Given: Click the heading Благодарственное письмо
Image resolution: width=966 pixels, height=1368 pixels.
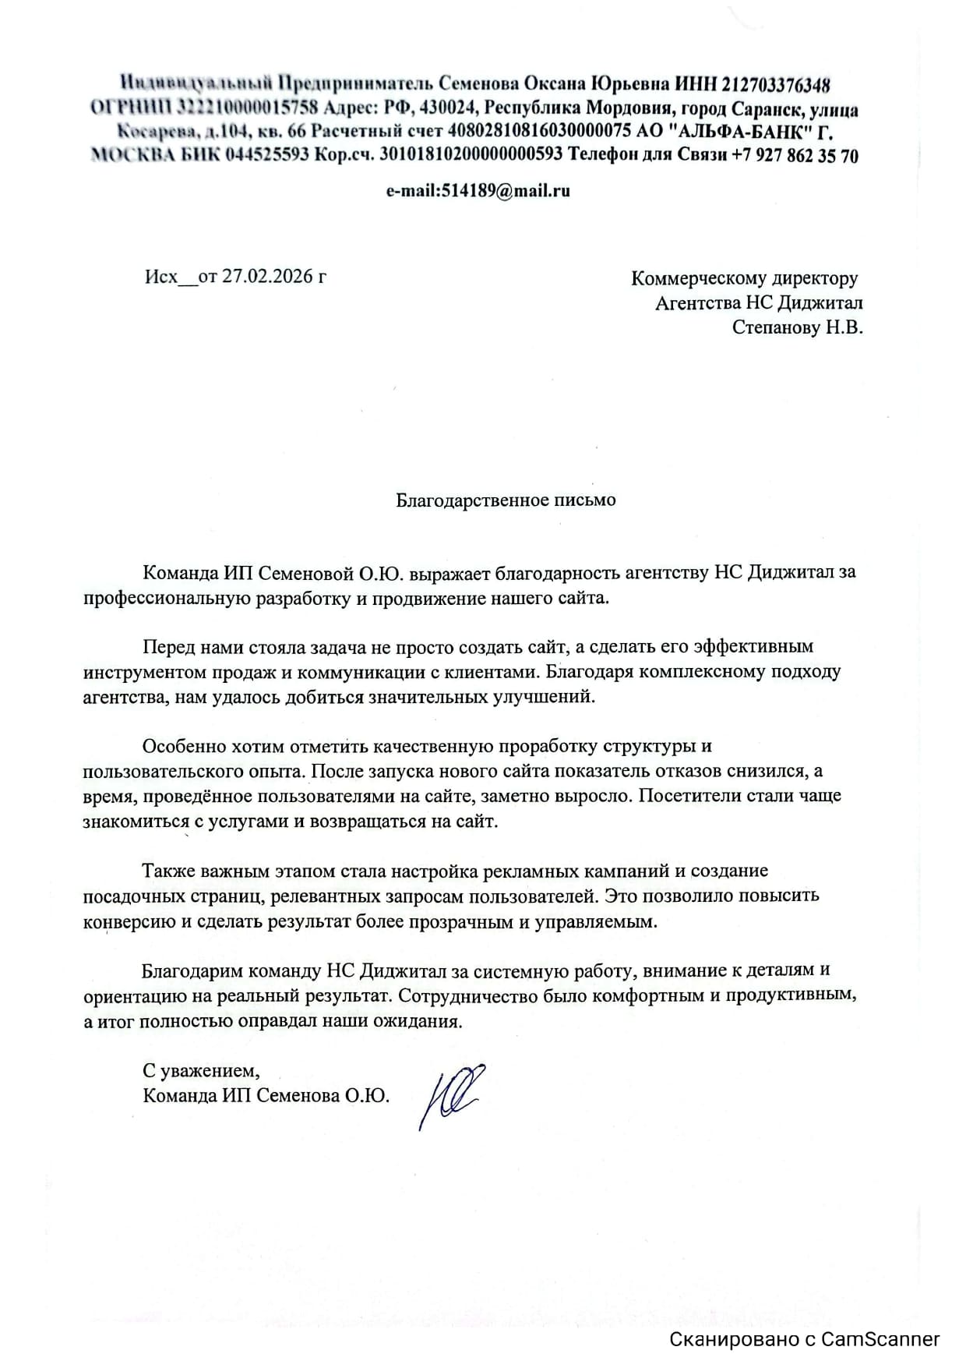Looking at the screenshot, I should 506,500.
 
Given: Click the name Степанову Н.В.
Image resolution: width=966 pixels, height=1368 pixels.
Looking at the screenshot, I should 797,327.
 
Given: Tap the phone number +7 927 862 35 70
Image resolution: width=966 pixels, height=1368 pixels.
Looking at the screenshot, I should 795,155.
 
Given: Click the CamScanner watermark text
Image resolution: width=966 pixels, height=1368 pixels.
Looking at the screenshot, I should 805,1340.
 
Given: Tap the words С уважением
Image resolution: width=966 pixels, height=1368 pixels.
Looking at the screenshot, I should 200,1069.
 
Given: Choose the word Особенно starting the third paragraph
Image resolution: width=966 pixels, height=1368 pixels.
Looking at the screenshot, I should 182,746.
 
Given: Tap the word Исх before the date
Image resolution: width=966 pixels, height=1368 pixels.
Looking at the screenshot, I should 160,277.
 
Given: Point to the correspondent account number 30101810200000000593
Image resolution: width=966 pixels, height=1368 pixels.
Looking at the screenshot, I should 471,155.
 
